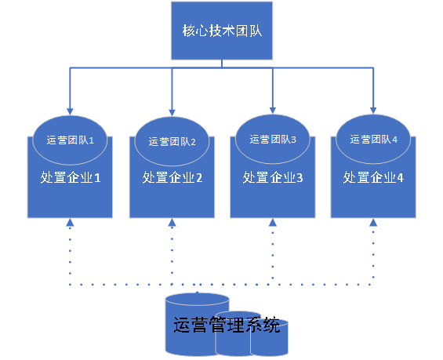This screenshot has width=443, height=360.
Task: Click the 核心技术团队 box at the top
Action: coord(222,31)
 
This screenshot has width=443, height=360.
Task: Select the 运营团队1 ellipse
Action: coord(71,140)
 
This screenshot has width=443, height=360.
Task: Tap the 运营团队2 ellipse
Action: coord(172,141)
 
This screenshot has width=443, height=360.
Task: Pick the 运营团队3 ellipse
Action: coord(272,139)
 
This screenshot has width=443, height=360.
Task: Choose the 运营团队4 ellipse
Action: coord(373,139)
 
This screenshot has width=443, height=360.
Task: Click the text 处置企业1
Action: coord(71,178)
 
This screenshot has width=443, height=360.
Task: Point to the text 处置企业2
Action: coord(172,178)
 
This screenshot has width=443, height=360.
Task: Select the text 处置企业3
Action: coord(272,178)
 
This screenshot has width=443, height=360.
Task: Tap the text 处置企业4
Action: coord(373,178)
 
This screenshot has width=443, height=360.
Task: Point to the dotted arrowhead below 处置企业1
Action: coord(71,223)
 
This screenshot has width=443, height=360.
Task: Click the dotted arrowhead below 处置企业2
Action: coord(172,223)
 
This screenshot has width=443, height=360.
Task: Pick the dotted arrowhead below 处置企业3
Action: coord(272,223)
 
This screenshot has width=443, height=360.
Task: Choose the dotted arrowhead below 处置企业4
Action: coord(373,223)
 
